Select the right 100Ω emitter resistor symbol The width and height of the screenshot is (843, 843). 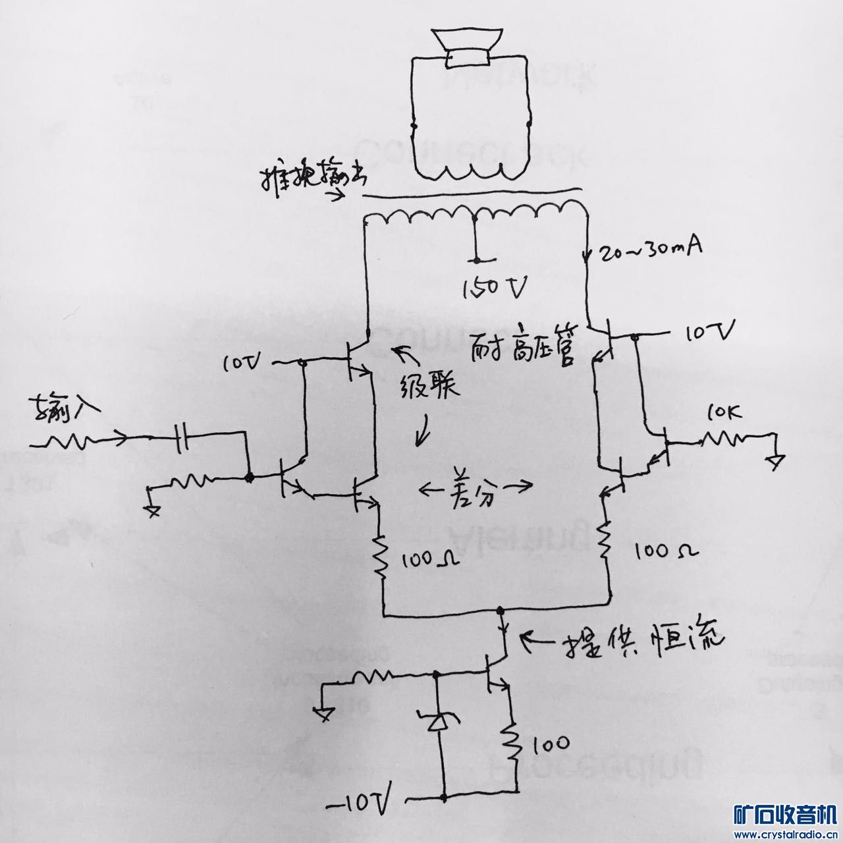coord(605,540)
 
